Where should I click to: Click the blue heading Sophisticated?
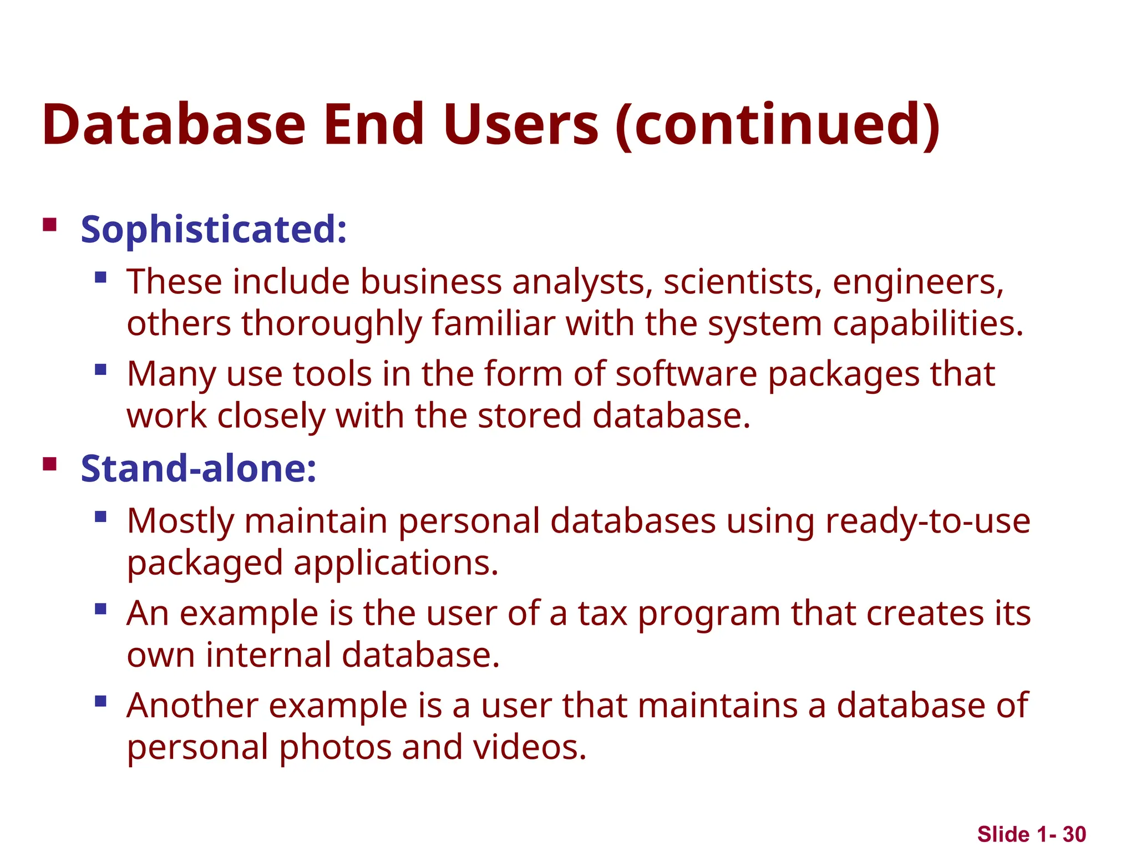click(x=214, y=229)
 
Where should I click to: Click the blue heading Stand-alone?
click(x=199, y=469)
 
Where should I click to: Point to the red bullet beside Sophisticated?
click(x=50, y=225)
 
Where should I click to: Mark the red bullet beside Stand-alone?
click(x=50, y=464)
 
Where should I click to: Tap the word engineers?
click(x=918, y=282)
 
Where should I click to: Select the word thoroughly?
click(x=331, y=324)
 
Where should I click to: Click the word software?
click(x=686, y=374)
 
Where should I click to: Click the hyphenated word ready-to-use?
click(x=927, y=521)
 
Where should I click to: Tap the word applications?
click(x=395, y=564)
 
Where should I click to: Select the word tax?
click(x=602, y=613)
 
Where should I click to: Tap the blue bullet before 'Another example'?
click(x=100, y=701)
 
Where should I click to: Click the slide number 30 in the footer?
click(x=1074, y=834)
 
